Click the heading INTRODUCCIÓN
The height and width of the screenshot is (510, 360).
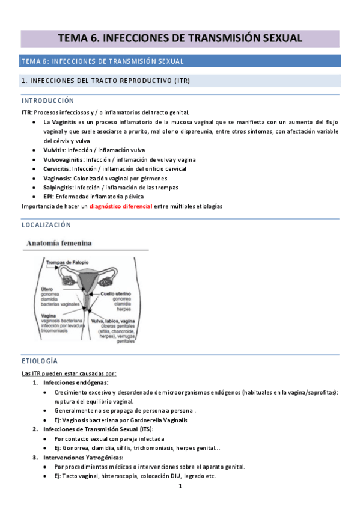tap(47, 100)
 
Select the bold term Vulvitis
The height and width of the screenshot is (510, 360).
tap(55, 150)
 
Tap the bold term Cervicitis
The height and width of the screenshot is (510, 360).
tap(57, 169)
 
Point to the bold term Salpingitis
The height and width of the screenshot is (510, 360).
tap(58, 188)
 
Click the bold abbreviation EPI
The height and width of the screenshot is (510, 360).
tap(48, 197)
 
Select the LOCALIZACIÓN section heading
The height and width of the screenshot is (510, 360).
tap(46, 225)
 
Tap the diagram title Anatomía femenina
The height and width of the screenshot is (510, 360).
tap(58, 244)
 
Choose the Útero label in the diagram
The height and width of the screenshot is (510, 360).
tap(47, 289)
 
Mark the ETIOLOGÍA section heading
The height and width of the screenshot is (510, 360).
tap(40, 361)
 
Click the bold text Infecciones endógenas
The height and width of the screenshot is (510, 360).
tap(76, 382)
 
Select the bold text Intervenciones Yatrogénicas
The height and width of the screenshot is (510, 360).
tap(85, 458)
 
